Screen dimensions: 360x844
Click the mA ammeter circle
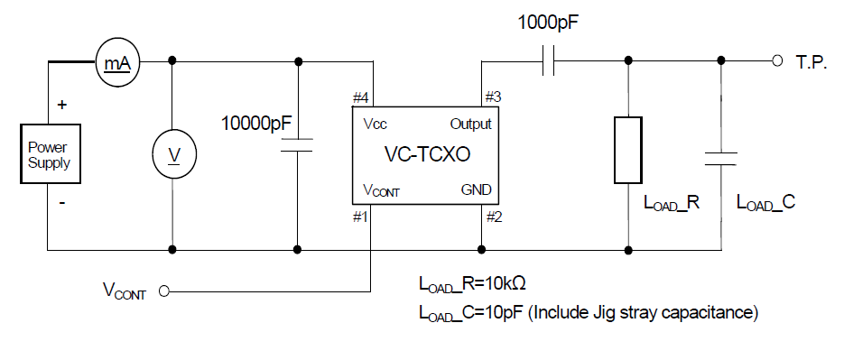click(x=116, y=63)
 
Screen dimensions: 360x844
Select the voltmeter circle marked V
click(x=172, y=155)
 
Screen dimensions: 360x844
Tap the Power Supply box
click(x=49, y=155)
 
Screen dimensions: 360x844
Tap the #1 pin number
click(x=361, y=217)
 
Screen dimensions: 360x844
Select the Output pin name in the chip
click(x=470, y=125)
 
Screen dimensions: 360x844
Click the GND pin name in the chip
click(x=475, y=190)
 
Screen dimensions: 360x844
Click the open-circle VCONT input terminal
click(x=164, y=291)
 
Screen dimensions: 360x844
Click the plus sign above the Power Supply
click(x=61, y=105)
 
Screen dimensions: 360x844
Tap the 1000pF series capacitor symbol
click(x=547, y=61)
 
